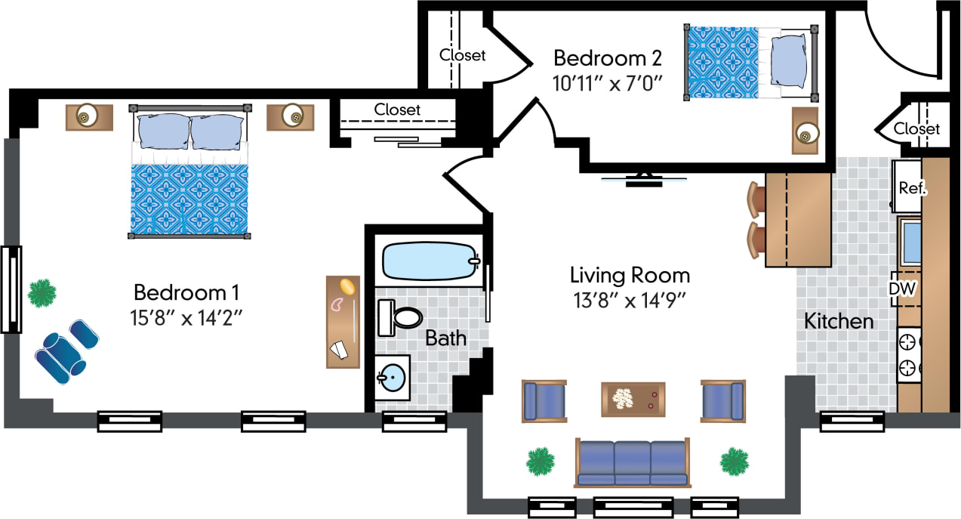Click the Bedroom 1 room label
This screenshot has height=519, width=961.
pyautogui.click(x=186, y=292)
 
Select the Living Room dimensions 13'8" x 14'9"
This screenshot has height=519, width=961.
pyautogui.click(x=629, y=300)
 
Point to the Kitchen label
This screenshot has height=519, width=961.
pyautogui.click(x=838, y=321)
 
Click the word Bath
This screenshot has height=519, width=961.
pyautogui.click(x=445, y=338)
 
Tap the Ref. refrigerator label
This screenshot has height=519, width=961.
pyautogui.click(x=912, y=188)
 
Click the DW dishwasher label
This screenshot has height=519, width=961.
pyautogui.click(x=902, y=288)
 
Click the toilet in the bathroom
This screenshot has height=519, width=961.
pyautogui.click(x=400, y=318)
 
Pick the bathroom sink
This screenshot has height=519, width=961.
pyautogui.click(x=393, y=377)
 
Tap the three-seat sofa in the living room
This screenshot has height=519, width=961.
pyautogui.click(x=633, y=462)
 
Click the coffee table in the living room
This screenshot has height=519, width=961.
pyautogui.click(x=633, y=399)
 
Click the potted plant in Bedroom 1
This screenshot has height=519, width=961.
pyautogui.click(x=42, y=292)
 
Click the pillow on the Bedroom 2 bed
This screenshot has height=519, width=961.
pyautogui.click(x=790, y=61)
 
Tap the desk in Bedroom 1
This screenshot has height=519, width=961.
pyautogui.click(x=343, y=322)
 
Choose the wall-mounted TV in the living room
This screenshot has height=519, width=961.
pyautogui.click(x=644, y=180)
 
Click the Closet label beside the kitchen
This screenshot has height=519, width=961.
pyautogui.click(x=916, y=129)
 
